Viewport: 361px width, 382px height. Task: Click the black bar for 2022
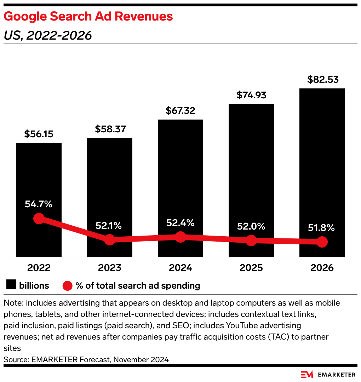39,177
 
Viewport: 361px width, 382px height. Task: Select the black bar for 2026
322,159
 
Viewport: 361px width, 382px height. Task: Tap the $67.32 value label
180,111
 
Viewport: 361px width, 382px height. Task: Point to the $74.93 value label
251,95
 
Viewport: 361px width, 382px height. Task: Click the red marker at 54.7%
39,219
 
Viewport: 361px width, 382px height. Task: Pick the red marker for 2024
180,237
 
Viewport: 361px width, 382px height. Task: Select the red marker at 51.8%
322,242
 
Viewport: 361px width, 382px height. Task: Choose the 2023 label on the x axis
110,268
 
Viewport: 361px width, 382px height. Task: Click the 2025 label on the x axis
251,268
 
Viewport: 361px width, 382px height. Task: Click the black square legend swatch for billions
11,285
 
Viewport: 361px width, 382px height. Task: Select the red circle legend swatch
67,285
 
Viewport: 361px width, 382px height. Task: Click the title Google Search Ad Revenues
88,16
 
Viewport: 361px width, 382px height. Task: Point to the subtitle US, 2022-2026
48,35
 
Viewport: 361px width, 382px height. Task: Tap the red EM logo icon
306,375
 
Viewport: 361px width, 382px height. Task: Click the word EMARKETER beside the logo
336,375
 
